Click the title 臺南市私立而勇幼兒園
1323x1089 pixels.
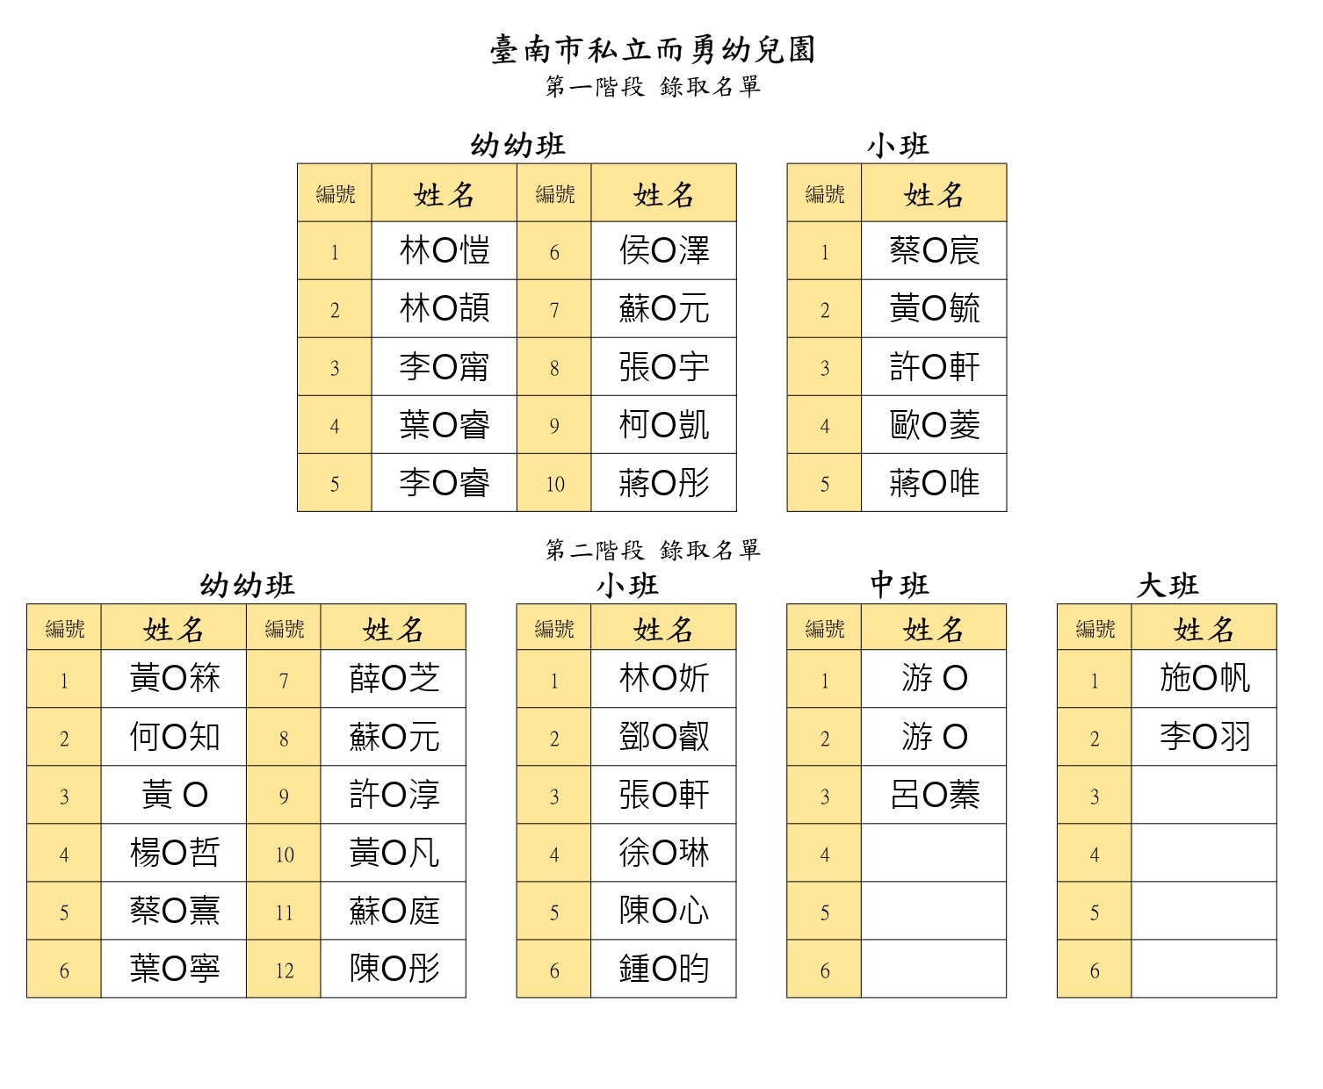653,49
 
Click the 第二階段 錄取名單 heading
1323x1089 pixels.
653,550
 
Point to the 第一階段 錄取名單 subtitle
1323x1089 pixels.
653,86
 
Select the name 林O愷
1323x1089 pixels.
445,250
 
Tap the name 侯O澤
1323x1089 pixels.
663,250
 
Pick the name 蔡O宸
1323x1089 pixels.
934,250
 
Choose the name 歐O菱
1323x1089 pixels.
934,425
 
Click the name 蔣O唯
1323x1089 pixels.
934,482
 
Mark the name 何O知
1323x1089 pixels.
175,737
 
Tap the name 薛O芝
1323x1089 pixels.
394,678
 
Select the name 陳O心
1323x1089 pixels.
663,910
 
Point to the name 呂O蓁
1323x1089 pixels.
934,794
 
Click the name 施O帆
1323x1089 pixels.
1204,678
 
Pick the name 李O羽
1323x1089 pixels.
1204,737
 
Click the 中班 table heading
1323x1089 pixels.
899,585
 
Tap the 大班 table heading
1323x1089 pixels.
1168,585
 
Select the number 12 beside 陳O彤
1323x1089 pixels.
284,970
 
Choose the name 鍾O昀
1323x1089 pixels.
663,969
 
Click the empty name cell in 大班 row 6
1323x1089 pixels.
1204,969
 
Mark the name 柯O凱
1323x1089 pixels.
663,425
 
